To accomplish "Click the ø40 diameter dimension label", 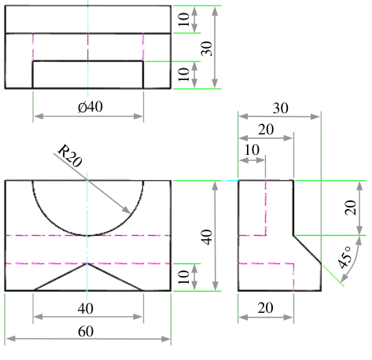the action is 90,107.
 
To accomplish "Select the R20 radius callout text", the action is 70,156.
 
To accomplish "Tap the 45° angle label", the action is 345,258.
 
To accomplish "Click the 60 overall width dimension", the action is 86,332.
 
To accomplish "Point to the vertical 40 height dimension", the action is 207,237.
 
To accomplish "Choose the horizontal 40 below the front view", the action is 86,309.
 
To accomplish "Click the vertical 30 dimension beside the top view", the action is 207,49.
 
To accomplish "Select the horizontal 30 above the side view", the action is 281,108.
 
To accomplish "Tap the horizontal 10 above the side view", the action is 252,150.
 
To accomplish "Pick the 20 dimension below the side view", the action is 265,308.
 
